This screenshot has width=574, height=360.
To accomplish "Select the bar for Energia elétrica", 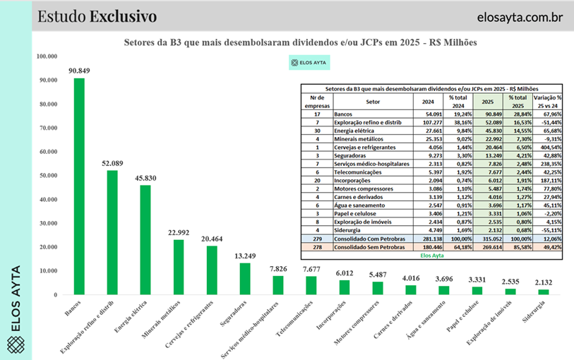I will [145, 239].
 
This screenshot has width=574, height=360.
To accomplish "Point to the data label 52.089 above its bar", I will [112, 163].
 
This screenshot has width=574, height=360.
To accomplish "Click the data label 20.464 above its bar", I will [212, 239].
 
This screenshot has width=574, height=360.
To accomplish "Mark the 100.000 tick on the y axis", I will [47, 56].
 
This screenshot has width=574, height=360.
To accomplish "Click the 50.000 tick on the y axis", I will [48, 175].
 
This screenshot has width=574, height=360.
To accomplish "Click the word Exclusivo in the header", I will [124, 16].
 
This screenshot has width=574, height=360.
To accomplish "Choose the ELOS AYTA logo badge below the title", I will [309, 63].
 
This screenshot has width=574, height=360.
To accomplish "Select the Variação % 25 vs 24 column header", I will [547, 102].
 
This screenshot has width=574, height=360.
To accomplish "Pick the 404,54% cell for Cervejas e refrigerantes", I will [548, 147].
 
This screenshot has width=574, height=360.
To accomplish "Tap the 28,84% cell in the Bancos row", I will [518, 113].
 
